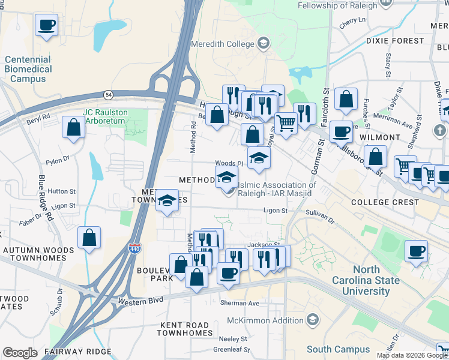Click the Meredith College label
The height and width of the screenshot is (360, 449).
click(x=223, y=44)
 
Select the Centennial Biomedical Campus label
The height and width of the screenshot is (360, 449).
click(x=28, y=69)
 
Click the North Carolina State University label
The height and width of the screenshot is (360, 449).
click(x=366, y=280)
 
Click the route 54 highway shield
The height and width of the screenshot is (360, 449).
click(x=108, y=95)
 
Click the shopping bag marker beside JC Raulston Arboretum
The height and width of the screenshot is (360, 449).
click(x=73, y=127)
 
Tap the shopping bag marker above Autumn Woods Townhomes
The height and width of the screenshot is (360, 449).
click(x=89, y=238)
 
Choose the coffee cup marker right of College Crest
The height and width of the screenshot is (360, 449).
click(x=416, y=251)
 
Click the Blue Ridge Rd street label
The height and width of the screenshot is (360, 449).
click(x=45, y=197)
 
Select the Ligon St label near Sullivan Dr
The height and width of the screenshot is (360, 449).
click(x=276, y=211)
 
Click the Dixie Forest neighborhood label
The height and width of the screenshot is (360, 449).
click(x=395, y=41)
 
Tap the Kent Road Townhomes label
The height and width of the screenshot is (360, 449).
click(x=185, y=329)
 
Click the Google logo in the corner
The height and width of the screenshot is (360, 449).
click(x=20, y=353)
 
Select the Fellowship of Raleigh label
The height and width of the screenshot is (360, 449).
click(x=339, y=5)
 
